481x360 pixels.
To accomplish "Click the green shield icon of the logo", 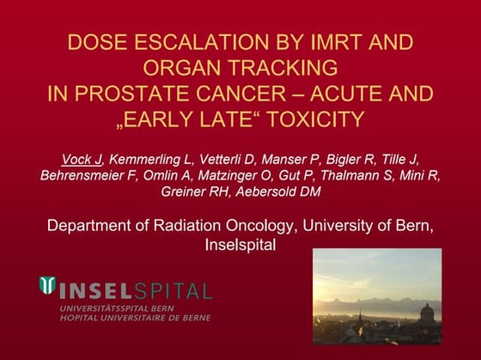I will tap(48, 287).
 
